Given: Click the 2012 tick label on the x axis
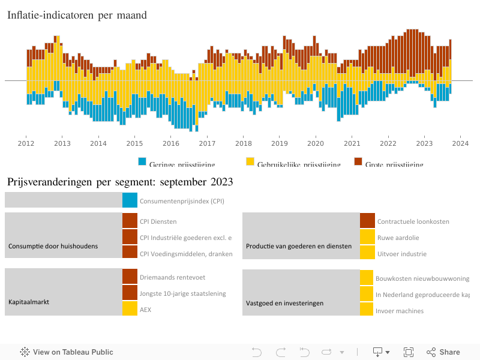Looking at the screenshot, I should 26,143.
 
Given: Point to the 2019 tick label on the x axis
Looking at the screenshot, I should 280,143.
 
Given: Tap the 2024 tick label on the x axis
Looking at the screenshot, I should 461,143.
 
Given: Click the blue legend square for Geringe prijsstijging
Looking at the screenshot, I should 142,162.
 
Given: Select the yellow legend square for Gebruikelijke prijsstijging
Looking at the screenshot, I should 250,162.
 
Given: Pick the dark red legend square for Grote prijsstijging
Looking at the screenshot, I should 358,162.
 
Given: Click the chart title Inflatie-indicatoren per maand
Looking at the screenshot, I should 77,16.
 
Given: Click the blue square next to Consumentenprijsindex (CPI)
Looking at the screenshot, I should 130,200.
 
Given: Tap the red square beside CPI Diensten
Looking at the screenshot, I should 130,221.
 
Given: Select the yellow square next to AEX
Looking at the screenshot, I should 130,308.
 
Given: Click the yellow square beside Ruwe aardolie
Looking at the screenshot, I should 367,237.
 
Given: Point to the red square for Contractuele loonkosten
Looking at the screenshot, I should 367,221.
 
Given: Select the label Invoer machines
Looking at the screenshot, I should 400,310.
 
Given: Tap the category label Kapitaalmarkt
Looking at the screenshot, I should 29,302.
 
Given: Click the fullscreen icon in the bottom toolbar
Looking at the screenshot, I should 409,352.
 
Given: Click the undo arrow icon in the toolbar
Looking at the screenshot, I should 257,352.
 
